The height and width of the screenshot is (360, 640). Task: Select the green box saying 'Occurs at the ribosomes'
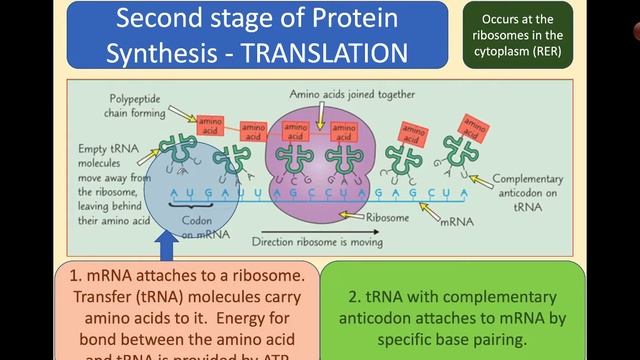pyautogui.click(x=517, y=34)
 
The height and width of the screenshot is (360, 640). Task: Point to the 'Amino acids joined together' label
pyautogui.click(x=338, y=95)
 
